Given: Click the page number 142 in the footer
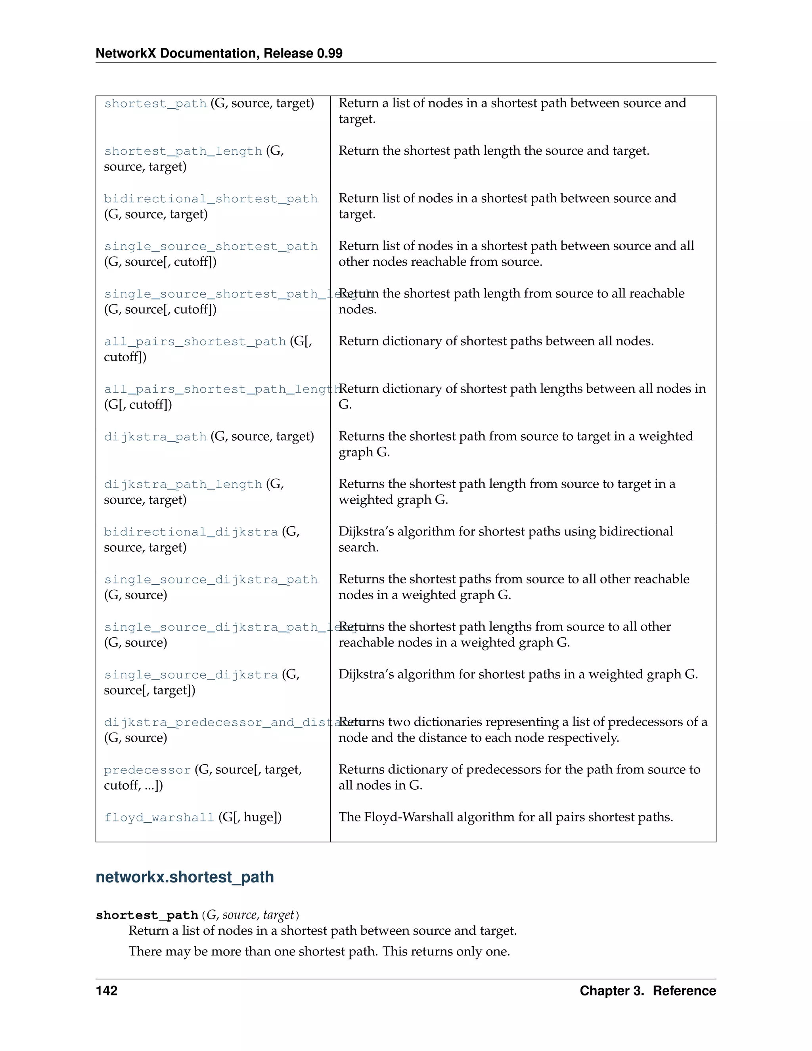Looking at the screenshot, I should click(106, 991).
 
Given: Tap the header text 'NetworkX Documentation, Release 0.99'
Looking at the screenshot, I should click(219, 54).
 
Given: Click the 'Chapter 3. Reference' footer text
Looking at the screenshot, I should click(647, 991).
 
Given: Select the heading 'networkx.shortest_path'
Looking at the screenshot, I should click(185, 877).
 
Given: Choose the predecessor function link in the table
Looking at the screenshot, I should click(147, 770).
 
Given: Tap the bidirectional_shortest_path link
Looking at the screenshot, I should click(211, 199).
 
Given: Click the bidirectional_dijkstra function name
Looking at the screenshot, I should click(191, 532).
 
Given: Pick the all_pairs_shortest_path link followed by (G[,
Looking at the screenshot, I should click(195, 341).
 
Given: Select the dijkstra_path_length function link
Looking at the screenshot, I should click(183, 484).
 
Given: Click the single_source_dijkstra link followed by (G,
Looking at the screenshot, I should click(191, 675).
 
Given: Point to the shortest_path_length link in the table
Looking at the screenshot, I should click(183, 151).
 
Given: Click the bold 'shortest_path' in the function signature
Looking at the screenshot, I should click(147, 915).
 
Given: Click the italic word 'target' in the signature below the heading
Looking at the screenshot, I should click(278, 915).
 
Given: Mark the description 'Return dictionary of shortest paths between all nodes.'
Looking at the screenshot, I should click(496, 341).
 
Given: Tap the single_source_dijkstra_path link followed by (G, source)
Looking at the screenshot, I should click(211, 579).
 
